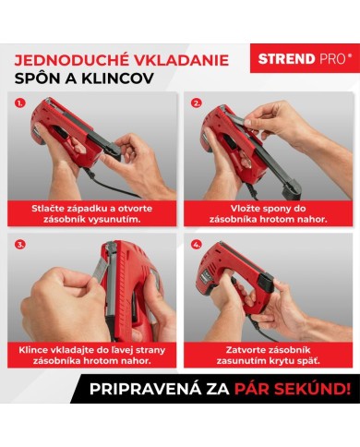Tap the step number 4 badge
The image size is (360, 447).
point(197,247)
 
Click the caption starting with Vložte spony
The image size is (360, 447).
point(267,214)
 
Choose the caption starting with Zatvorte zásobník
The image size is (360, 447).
point(267,357)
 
